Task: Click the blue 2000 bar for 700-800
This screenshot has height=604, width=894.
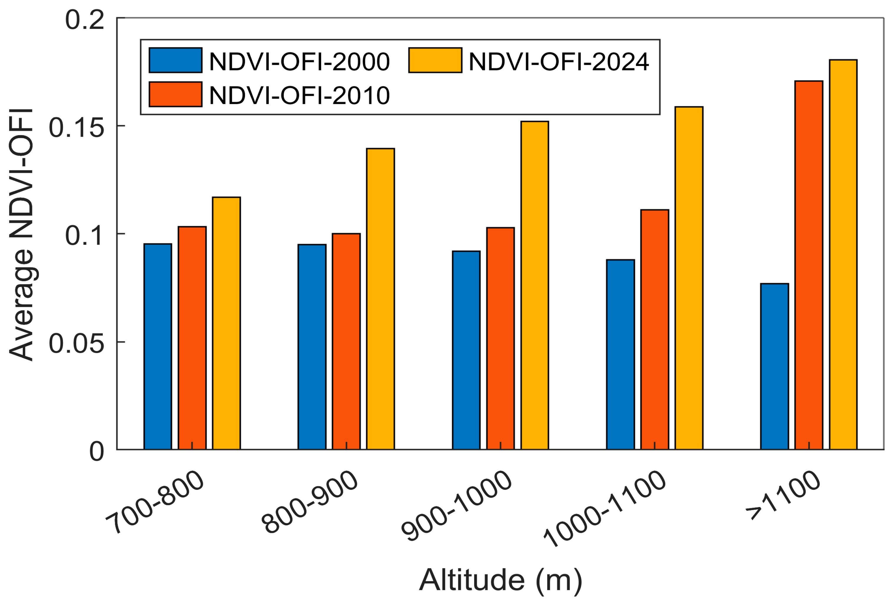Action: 158,346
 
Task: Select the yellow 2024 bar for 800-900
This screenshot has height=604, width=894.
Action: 380,299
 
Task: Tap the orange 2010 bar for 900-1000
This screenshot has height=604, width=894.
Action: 500,338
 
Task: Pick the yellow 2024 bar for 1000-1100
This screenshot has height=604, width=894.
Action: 689,278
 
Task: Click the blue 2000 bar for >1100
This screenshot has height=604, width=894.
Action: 774,366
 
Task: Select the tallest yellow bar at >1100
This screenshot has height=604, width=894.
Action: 843,254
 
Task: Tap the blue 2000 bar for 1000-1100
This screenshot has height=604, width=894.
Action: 620,354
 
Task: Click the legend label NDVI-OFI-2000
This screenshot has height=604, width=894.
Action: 299,61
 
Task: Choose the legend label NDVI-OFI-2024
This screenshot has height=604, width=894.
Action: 558,61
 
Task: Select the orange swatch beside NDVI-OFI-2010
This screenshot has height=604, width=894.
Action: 175,94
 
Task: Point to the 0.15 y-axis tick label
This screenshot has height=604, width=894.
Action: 76,128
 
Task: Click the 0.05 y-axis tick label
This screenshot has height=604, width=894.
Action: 76,343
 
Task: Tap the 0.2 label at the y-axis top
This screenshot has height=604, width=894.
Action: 84,20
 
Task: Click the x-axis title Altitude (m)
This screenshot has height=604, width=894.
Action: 500,580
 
